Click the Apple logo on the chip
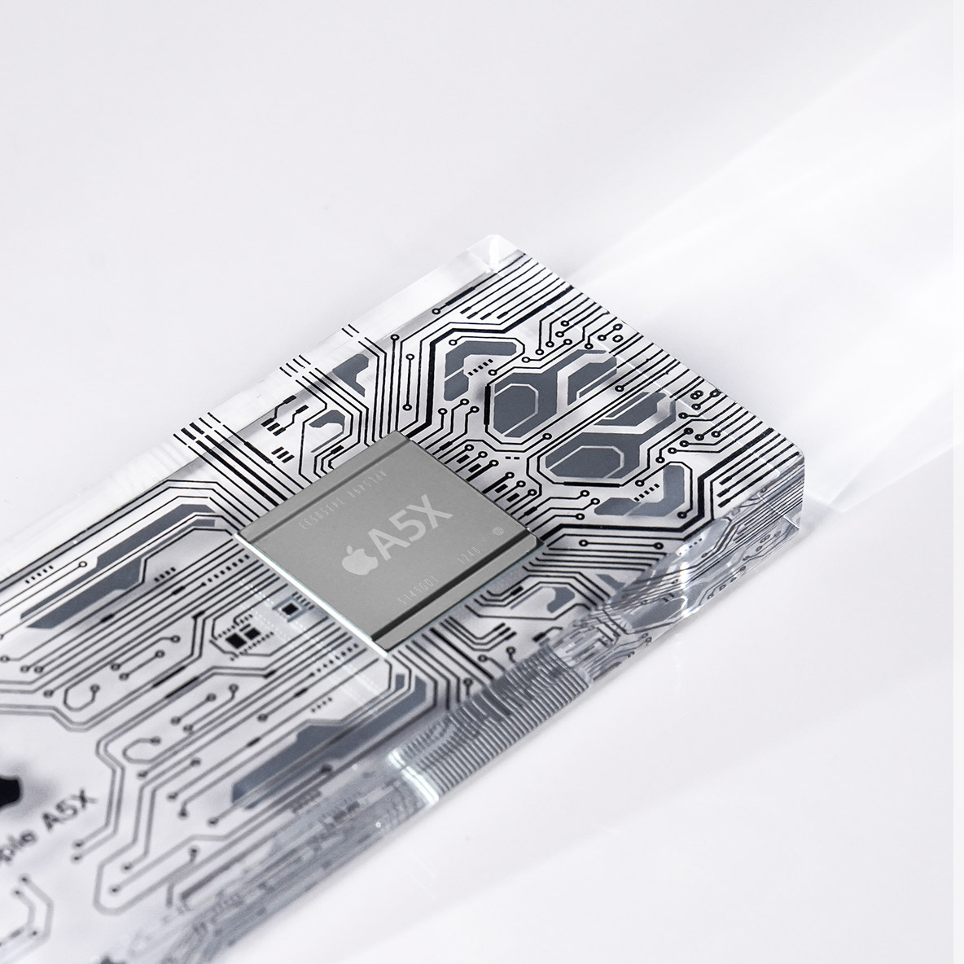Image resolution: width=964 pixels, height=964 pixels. tap(356, 562)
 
